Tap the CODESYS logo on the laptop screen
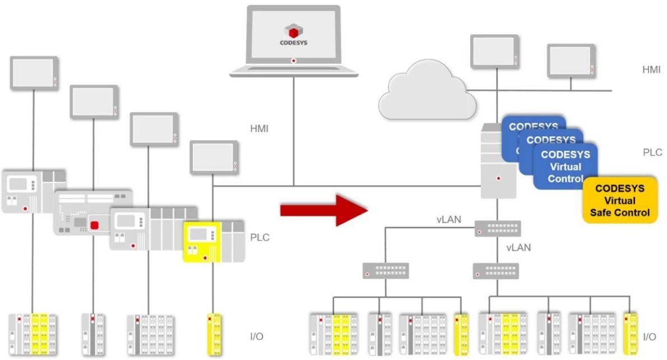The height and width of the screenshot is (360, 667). pyautogui.click(x=293, y=33)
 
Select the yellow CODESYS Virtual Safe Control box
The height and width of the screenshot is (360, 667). pyautogui.click(x=620, y=200)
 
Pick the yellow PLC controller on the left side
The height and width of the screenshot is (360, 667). pyautogui.click(x=203, y=242)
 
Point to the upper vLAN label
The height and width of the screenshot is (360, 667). pyautogui.click(x=448, y=220)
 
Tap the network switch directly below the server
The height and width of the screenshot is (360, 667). pyautogui.click(x=498, y=228)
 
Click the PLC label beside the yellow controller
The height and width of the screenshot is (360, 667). pyautogui.click(x=260, y=237)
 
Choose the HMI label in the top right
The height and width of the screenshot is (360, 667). pyautogui.click(x=652, y=70)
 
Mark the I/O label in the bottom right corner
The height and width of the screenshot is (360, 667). pyautogui.click(x=650, y=337)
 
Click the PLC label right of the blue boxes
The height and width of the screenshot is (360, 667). pyautogui.click(x=652, y=152)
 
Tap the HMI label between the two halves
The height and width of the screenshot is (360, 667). pyautogui.click(x=259, y=129)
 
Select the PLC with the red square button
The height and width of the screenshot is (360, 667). pyautogui.click(x=93, y=213)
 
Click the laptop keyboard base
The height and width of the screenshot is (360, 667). pyautogui.click(x=293, y=71)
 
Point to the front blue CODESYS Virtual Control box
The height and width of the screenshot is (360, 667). pyautogui.click(x=565, y=167)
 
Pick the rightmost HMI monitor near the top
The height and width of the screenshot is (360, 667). pyautogui.click(x=571, y=61)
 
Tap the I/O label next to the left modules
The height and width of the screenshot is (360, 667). pyautogui.click(x=256, y=337)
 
